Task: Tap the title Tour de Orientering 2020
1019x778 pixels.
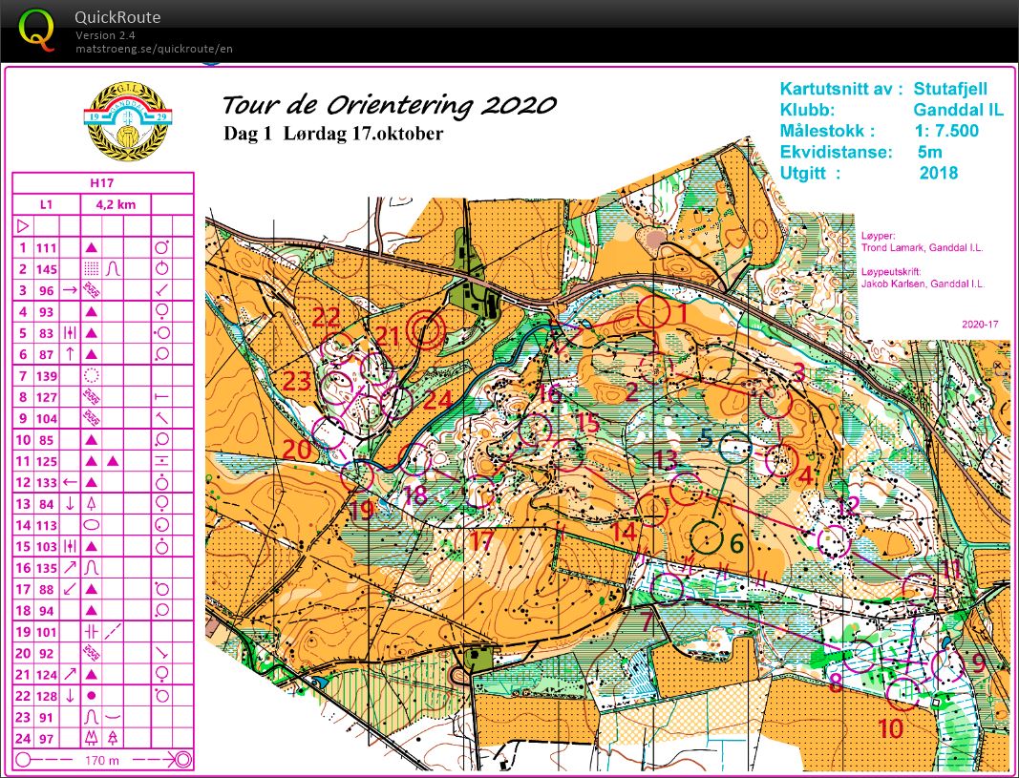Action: point(389,105)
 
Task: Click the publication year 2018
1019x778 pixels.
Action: point(938,173)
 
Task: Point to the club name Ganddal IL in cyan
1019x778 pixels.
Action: point(957,110)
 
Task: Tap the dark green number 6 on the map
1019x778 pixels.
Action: point(735,543)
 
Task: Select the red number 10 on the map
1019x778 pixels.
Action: point(890,729)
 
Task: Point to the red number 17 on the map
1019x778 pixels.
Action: point(482,541)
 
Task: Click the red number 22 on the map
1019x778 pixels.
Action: point(326,318)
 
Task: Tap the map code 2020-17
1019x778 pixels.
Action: point(979,325)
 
